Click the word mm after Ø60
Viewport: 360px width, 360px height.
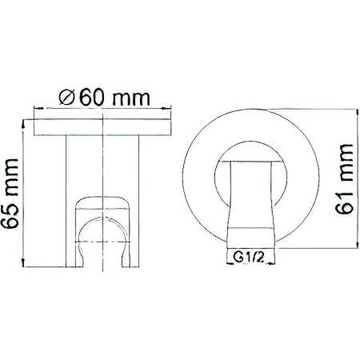[x=131, y=100]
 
